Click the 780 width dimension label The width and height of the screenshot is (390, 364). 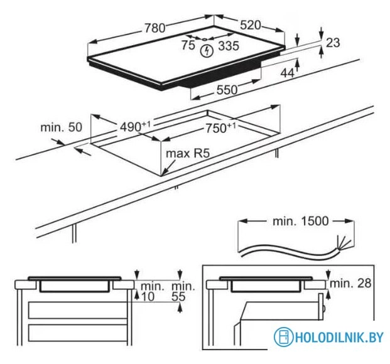pyautogui.click(x=154, y=28)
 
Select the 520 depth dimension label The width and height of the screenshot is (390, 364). pyautogui.click(x=250, y=25)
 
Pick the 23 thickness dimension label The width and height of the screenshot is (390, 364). pyautogui.click(x=333, y=43)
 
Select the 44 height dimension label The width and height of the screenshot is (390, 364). pyautogui.click(x=288, y=73)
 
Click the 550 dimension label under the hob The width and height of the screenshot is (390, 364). pyautogui.click(x=227, y=90)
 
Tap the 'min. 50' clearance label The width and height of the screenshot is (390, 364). pyautogui.click(x=62, y=127)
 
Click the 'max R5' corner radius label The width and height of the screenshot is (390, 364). pyautogui.click(x=185, y=153)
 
